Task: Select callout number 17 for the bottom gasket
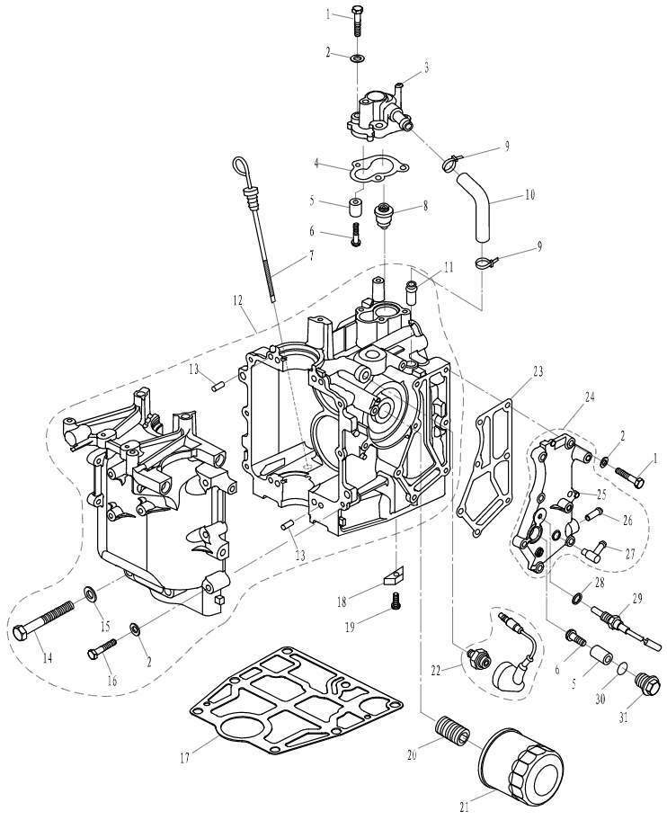(x=185, y=758)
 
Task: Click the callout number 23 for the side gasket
(x=538, y=370)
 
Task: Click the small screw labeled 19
(x=393, y=608)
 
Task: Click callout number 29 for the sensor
(x=637, y=599)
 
